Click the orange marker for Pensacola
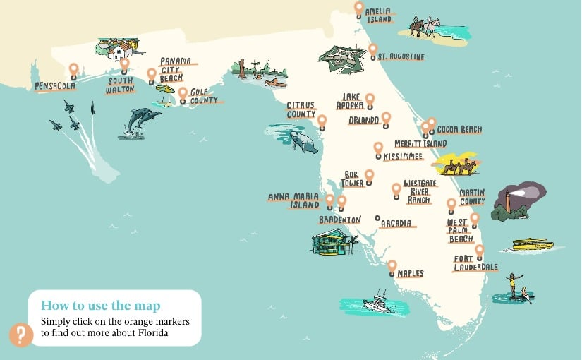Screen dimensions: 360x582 click(73, 69)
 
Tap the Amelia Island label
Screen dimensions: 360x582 click(379, 16)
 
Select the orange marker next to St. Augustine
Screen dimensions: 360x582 click(372, 49)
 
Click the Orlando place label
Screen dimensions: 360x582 click(364, 121)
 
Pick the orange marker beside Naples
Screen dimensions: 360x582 click(392, 266)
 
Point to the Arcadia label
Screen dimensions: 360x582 click(396, 224)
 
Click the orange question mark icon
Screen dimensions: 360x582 click(20, 334)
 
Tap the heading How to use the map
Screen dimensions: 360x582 click(100, 306)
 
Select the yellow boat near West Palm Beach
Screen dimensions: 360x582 click(532, 244)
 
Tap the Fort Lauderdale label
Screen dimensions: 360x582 click(475, 263)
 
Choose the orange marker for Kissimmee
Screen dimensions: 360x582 click(378, 148)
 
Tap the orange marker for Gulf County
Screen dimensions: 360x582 click(183, 92)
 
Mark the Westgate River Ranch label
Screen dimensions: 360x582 click(420, 191)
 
